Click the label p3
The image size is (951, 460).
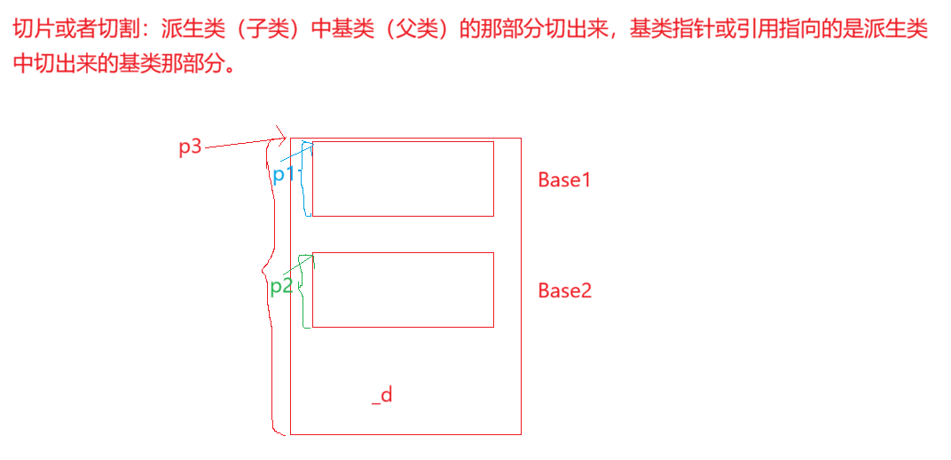(x=190, y=147)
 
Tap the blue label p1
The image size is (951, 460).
(x=283, y=174)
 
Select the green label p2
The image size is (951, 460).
(x=281, y=286)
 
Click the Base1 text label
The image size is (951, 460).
(x=564, y=179)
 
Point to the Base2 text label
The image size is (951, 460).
(x=564, y=290)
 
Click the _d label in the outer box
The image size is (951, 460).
(x=382, y=395)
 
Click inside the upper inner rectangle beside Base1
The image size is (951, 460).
(x=403, y=178)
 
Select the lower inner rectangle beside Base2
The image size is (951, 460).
(x=403, y=289)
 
